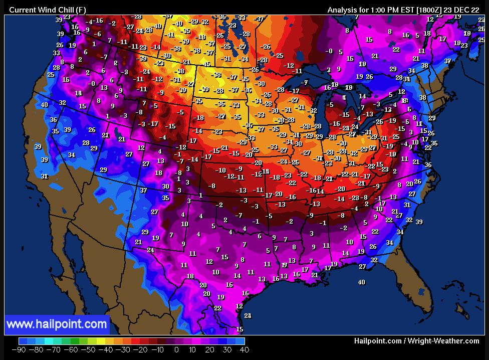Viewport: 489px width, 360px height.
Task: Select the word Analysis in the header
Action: [343, 10]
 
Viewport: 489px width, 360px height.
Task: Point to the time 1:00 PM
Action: [387, 10]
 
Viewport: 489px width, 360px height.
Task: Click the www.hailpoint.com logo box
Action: [57, 324]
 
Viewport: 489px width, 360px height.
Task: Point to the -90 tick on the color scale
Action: [19, 349]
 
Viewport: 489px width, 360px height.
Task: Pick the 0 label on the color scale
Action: [176, 349]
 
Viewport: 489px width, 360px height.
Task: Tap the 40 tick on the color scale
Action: [244, 349]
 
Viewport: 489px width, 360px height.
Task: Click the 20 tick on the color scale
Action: [210, 349]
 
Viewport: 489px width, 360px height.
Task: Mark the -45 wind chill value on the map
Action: [206, 64]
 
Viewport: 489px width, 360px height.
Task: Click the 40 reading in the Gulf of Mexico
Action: [361, 282]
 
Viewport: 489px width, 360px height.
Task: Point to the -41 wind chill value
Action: [170, 35]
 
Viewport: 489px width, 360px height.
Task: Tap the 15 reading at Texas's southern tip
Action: [239, 329]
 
